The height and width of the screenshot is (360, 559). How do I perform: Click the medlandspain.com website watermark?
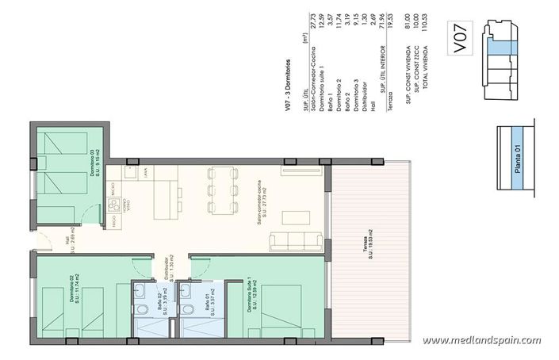(481, 340)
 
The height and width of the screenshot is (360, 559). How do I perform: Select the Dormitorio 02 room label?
(74, 293)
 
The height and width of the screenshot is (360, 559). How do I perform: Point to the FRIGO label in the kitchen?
(116, 227)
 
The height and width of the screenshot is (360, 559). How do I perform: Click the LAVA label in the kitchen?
(145, 170)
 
